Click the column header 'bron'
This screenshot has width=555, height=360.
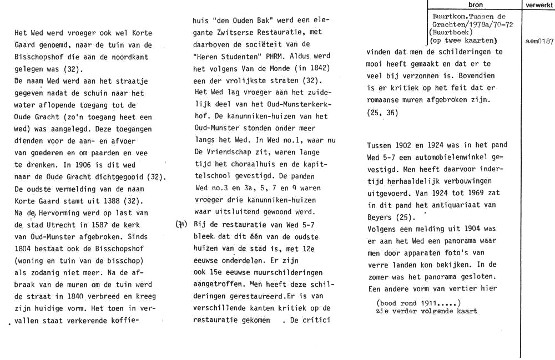(x=475, y=5)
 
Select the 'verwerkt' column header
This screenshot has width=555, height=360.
(x=538, y=5)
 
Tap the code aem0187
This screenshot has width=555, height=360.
(x=539, y=42)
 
